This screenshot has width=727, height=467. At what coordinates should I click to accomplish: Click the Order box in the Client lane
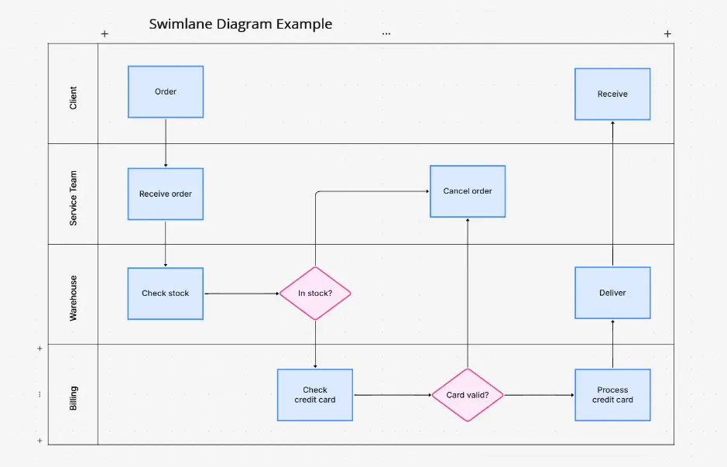tap(166, 91)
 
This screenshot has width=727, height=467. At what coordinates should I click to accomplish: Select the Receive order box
tap(166, 194)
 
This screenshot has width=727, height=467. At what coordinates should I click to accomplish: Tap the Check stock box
tap(166, 294)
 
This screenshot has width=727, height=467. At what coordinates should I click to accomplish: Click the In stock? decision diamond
tap(315, 294)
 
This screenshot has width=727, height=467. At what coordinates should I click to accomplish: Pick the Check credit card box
tap(315, 395)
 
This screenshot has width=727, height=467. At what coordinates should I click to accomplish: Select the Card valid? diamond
tap(468, 395)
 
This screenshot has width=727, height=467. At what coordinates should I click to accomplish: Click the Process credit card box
tap(612, 395)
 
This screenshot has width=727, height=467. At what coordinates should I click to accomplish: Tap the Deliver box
tap(612, 293)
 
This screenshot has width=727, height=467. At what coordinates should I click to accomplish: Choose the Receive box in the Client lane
tap(612, 94)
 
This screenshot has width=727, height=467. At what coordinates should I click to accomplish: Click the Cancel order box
tap(468, 191)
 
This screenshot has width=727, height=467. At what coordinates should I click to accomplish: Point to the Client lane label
tap(74, 98)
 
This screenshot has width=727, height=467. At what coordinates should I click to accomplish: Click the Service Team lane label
tap(74, 198)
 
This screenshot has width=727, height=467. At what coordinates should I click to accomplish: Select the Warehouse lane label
tap(74, 298)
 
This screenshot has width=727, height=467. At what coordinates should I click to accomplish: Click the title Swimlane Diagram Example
tap(241, 24)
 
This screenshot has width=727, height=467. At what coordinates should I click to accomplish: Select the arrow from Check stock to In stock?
tap(241, 294)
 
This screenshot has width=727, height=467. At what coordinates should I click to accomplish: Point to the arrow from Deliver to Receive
tap(612, 194)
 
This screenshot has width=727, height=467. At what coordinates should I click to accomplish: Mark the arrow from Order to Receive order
tap(166, 143)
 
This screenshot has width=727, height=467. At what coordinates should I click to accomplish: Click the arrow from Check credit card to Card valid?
tap(392, 395)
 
